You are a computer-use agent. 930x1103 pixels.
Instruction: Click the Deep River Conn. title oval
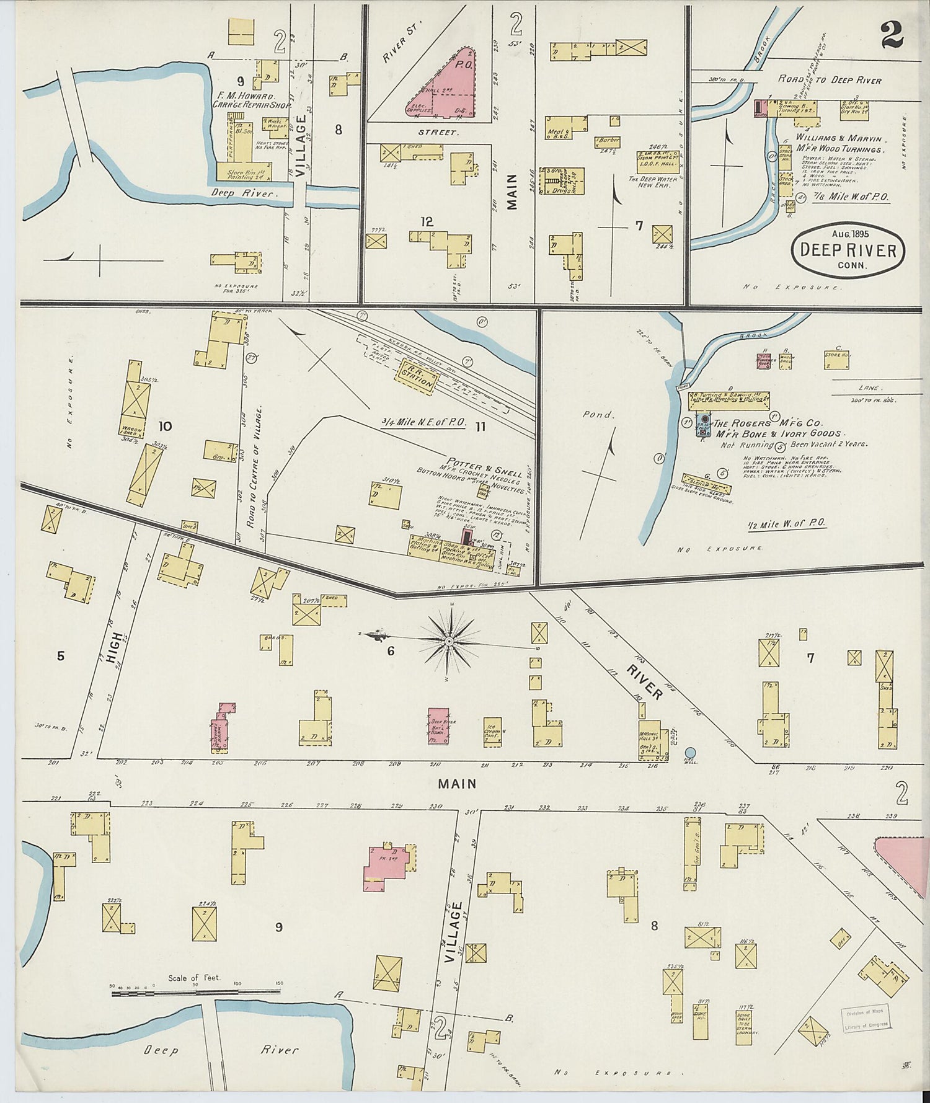click(848, 250)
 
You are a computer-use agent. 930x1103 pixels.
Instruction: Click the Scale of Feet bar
click(195, 993)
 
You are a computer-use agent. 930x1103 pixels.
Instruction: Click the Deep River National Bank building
click(443, 726)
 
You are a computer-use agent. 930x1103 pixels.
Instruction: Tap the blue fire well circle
click(690, 752)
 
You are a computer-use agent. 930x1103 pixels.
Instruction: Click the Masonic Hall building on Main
click(651, 740)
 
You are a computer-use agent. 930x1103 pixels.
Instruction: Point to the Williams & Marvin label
click(838, 139)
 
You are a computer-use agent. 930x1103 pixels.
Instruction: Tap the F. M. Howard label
click(244, 97)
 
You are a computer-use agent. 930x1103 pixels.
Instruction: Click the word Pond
click(596, 414)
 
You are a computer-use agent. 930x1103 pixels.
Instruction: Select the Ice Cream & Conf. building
click(492, 732)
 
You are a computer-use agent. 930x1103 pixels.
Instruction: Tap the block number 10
click(165, 426)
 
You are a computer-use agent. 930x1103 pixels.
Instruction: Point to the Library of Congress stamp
click(866, 1019)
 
